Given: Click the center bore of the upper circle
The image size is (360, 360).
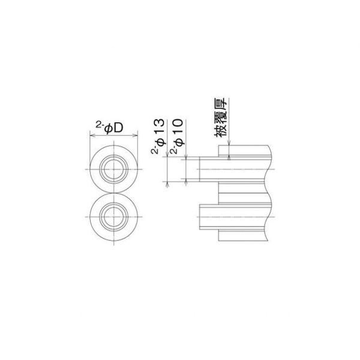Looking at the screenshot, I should coord(114,170).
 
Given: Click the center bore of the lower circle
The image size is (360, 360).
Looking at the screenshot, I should coord(114,215).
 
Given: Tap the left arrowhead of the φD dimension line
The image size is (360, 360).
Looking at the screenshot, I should coord(91,135).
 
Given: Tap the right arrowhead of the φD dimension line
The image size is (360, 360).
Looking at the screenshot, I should coord(138,135).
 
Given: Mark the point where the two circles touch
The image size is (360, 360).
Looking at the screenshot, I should coord(114,193).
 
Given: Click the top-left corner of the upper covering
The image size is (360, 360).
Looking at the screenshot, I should coord(218,145).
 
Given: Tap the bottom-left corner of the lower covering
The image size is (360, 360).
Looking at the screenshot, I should coord(218,240).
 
